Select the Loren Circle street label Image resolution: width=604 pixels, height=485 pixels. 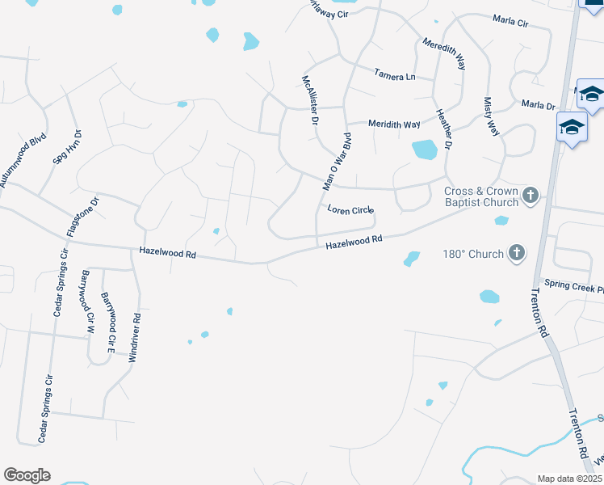tap(350, 210)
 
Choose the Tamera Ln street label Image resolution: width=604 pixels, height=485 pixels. tap(394, 75)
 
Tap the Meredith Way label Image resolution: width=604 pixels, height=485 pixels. tap(444, 53)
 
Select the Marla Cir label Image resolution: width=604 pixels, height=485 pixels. tap(510, 23)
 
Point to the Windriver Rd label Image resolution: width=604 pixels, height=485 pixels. tap(135, 337)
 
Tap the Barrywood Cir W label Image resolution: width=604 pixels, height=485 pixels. tap(84, 302)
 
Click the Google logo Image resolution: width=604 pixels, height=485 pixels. tap(27, 475)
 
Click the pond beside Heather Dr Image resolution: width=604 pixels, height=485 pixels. tap(424, 150)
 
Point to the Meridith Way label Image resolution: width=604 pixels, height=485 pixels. tap(394, 124)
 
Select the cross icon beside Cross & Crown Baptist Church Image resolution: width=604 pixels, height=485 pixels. tap(531, 195)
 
